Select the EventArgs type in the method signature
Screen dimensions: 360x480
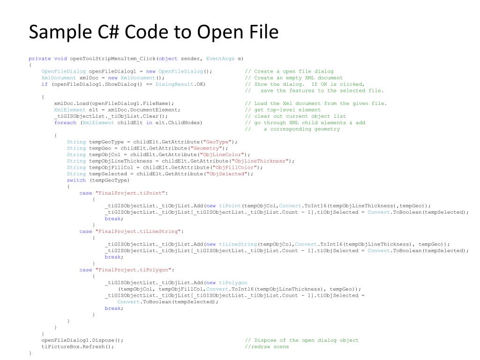point(220,59)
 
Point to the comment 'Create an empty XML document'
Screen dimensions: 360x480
point(294,78)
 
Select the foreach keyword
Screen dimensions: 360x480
point(65,123)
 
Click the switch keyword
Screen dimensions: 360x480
point(76,180)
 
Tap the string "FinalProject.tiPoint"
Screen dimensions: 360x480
point(131,193)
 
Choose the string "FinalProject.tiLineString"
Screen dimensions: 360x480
point(139,232)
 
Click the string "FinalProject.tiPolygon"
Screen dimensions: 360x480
point(135,270)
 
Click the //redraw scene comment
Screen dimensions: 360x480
point(267,347)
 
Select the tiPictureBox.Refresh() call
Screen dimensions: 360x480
point(78,347)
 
